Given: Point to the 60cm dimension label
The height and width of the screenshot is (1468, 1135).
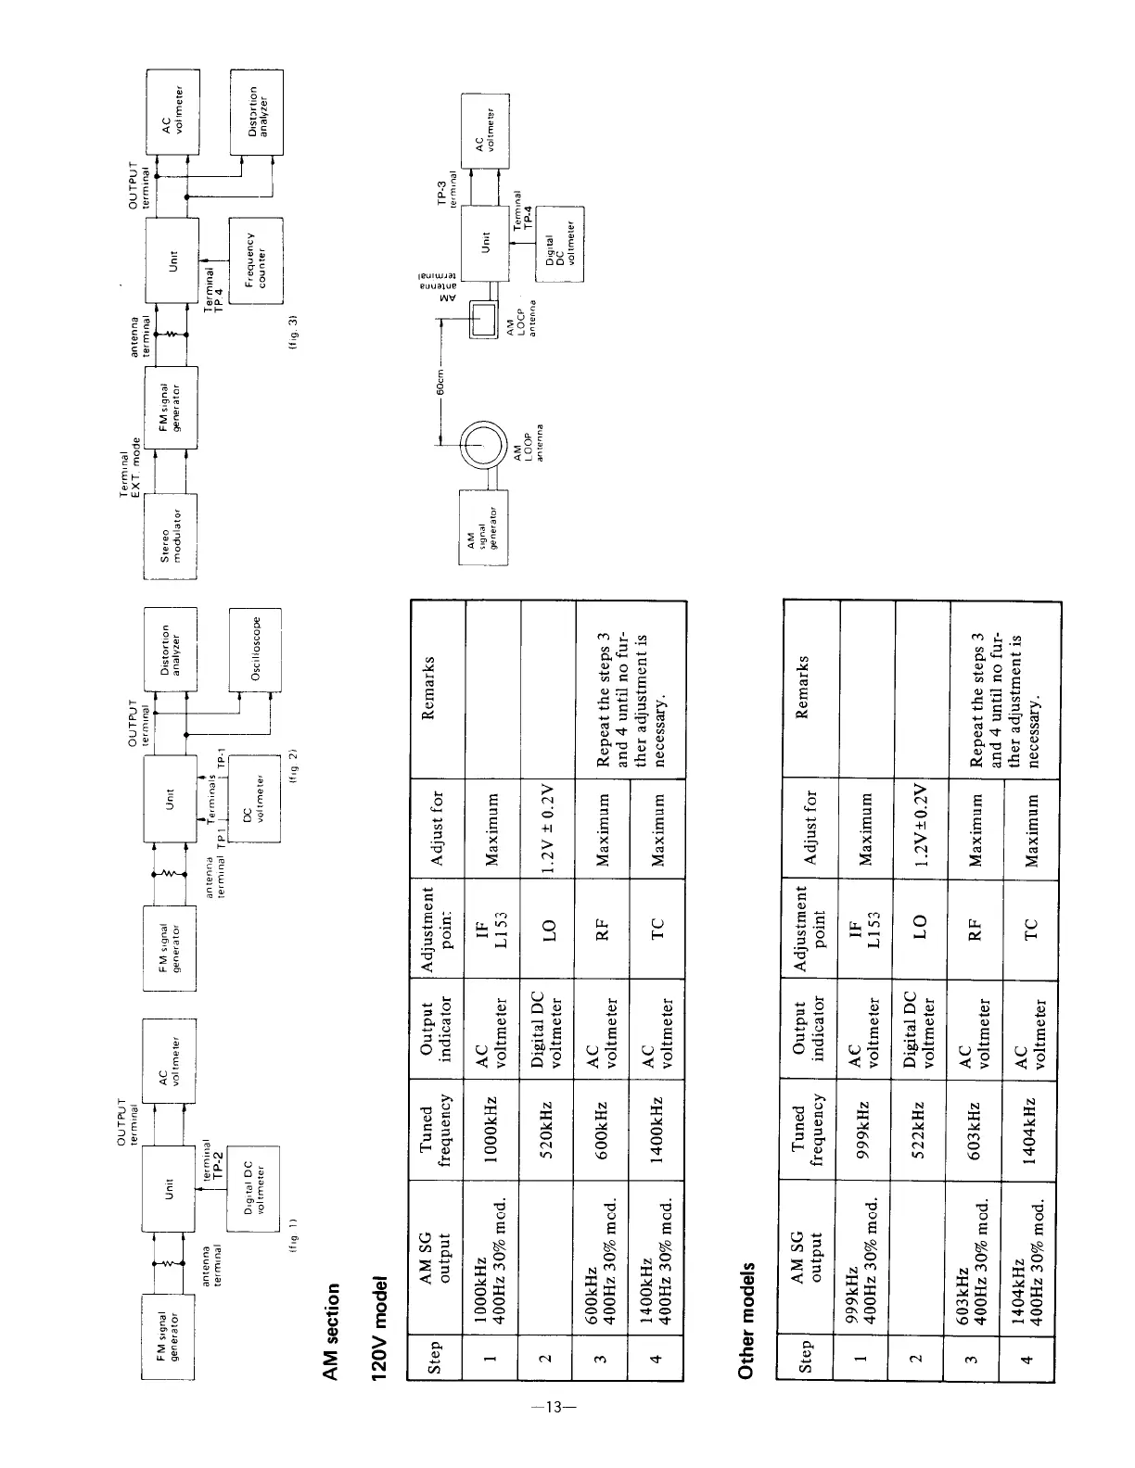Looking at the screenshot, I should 441,381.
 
